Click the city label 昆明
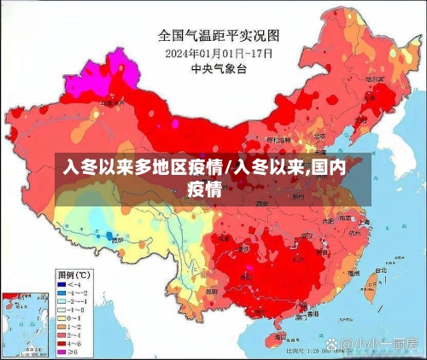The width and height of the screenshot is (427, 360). pyautogui.click(x=213, y=291)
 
